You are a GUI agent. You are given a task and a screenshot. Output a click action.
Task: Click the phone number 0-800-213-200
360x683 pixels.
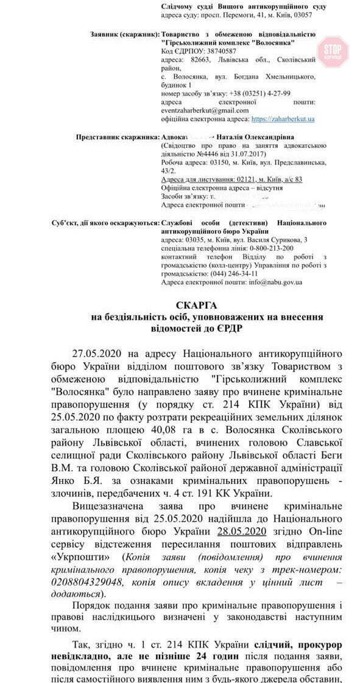click(x=270, y=248)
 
